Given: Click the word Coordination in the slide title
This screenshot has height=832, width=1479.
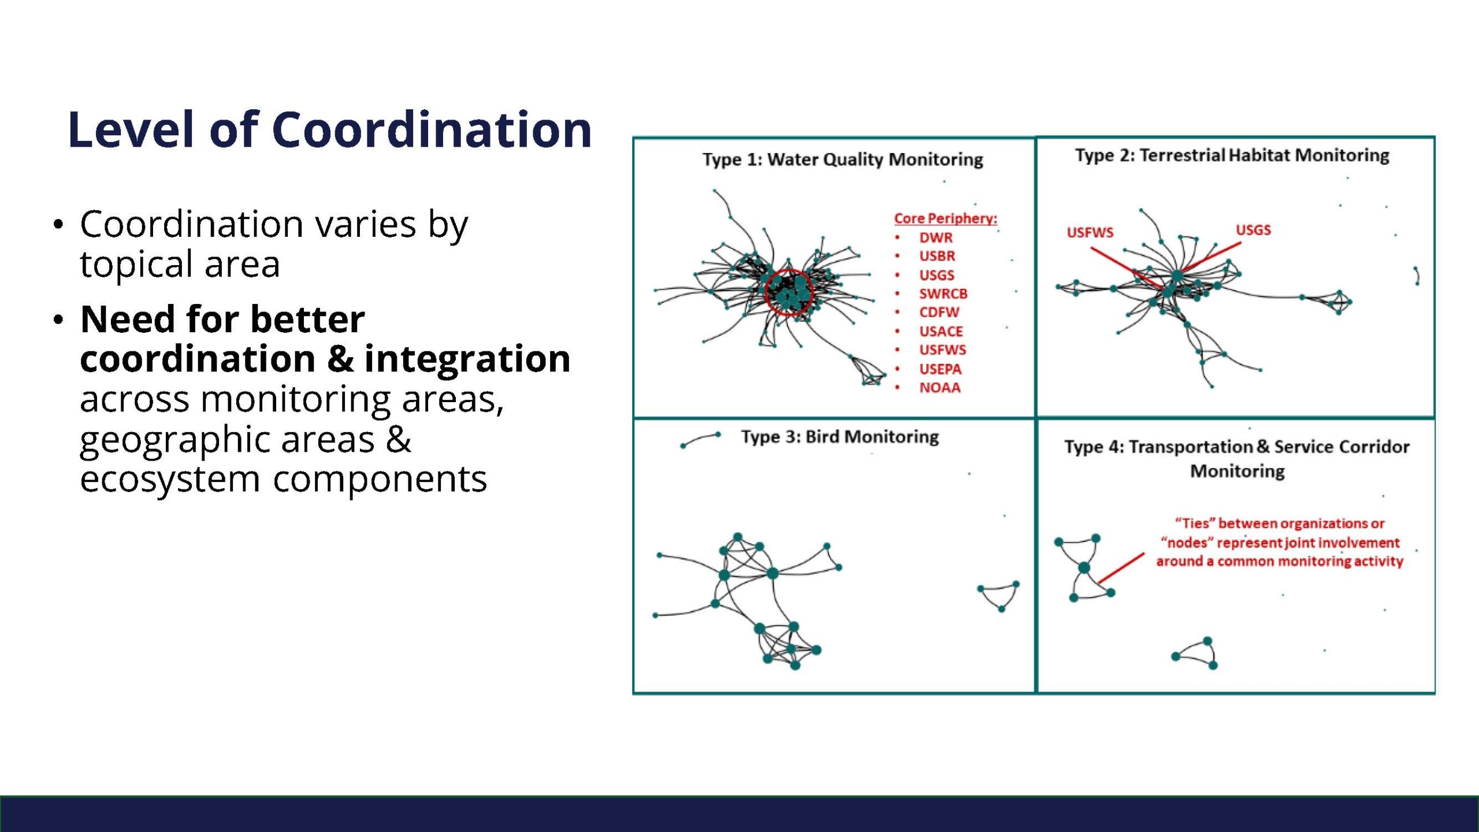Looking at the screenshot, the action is coord(432,129).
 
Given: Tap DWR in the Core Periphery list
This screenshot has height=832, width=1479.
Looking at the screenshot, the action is coord(936,237).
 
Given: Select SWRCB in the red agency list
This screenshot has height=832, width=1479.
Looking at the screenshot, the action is coord(943,294).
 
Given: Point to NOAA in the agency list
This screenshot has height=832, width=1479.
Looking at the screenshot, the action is coord(940,388).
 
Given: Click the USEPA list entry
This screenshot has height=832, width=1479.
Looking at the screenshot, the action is coord(941,369).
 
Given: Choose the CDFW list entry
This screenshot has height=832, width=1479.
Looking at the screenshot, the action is coord(939,312).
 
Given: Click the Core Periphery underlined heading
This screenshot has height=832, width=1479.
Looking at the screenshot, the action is coord(946,218).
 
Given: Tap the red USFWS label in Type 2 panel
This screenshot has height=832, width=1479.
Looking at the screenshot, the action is coord(1090,232).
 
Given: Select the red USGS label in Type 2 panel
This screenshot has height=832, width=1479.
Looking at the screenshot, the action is coord(1253,230).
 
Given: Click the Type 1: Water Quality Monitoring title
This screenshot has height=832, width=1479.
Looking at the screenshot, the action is coord(843,159).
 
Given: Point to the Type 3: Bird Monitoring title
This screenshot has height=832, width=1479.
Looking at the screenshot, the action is coord(840,437).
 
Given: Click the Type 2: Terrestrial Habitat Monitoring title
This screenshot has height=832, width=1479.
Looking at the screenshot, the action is coord(1232,155).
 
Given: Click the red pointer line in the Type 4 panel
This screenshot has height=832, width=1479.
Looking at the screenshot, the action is coord(1121,568).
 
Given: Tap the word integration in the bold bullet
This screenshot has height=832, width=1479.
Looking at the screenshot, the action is coord(467,360).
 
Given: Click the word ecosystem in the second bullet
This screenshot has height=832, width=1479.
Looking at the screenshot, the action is coord(170,480).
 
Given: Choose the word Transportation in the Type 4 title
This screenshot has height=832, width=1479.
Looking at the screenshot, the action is coord(1191,447).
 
